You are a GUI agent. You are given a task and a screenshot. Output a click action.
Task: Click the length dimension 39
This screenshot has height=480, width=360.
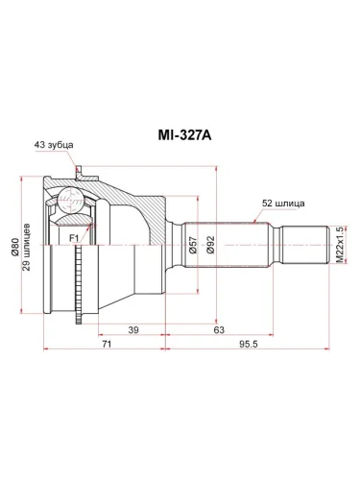tap(132, 329)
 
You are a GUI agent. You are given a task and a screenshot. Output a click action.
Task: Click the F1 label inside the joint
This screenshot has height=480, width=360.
tap(74, 234)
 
